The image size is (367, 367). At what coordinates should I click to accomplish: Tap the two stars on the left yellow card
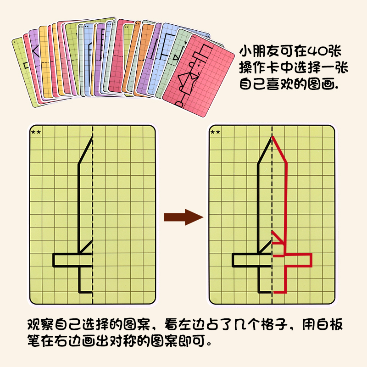tap(36, 132)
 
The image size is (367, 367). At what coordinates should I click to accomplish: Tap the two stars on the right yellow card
tap(215, 132)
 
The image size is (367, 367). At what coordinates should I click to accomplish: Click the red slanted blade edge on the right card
tap(280, 149)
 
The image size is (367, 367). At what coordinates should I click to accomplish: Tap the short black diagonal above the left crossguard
tap(86, 246)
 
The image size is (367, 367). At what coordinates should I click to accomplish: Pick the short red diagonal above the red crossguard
tap(277, 236)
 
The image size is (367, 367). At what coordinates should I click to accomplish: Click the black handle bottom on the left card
tap(86, 292)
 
